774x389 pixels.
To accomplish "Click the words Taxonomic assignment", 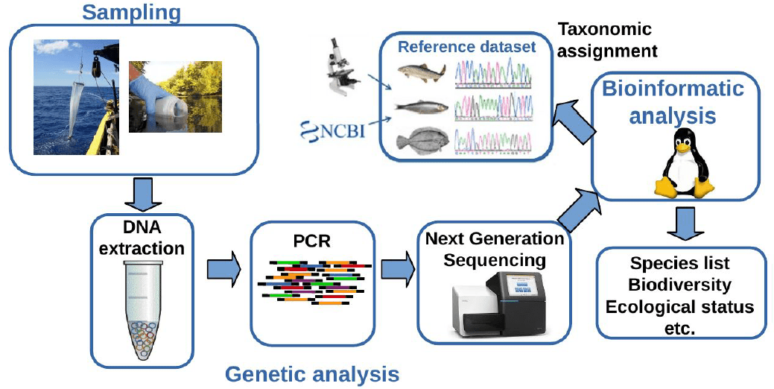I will (607, 40).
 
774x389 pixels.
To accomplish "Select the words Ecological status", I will (679, 306).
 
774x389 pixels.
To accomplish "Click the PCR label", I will (311, 243).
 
